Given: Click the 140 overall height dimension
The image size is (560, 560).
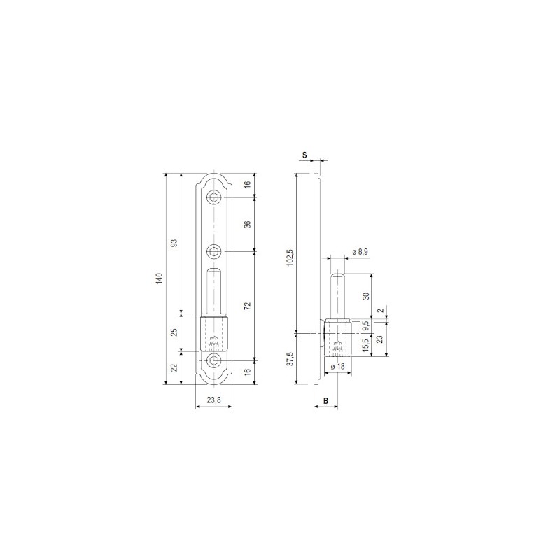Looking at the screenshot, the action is tap(160, 278).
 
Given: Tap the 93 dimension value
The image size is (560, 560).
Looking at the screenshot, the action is tap(174, 243).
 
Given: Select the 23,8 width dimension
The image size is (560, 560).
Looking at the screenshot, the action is tap(214, 400).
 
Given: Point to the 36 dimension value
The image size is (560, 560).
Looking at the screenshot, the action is tap(248, 224).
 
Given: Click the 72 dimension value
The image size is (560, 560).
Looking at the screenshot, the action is tap(248, 306).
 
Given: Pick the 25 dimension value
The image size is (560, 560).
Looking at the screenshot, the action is tap(174, 332).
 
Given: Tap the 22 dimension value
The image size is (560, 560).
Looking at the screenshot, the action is tap(174, 367).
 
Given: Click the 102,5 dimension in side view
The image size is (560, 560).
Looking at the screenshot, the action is tap(290, 257).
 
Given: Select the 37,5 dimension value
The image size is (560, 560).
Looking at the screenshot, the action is tap(290, 358).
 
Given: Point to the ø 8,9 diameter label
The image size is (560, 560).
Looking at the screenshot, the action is tap(360, 252).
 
